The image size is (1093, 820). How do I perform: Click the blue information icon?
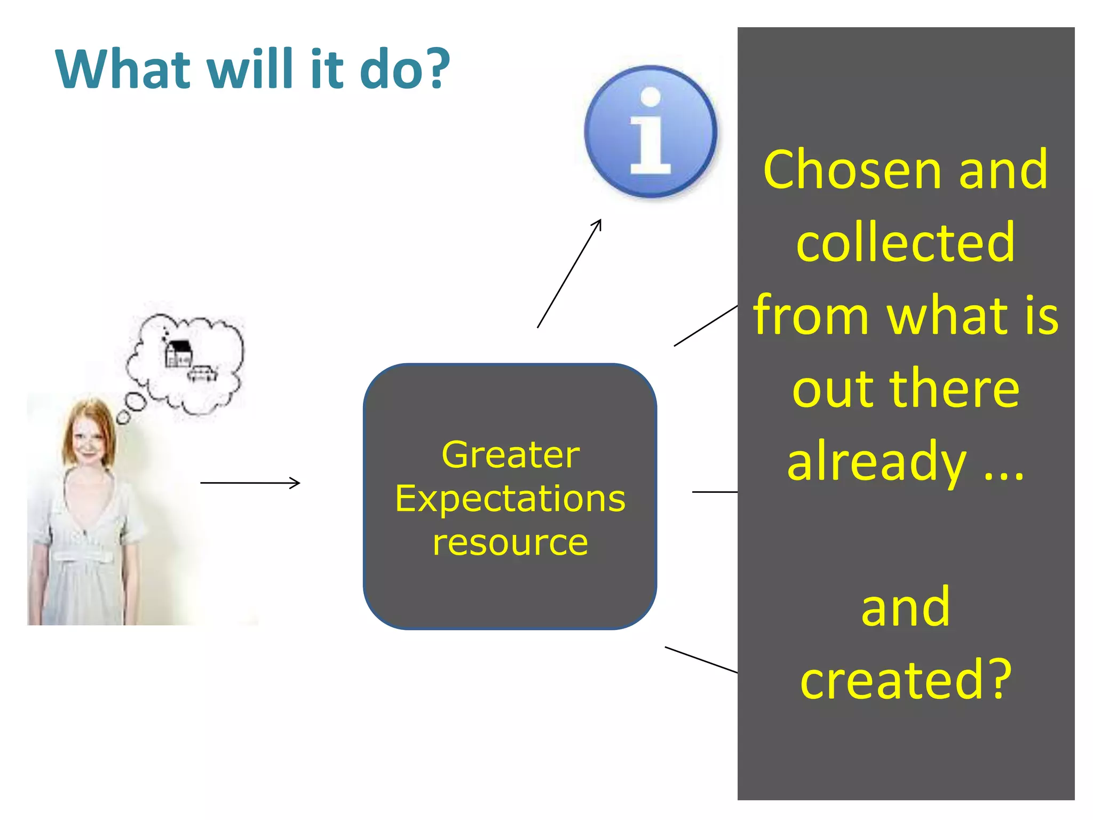651,132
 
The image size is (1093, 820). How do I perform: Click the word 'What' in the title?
123,69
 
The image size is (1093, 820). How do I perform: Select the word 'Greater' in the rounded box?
510,455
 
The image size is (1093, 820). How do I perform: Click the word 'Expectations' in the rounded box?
510,499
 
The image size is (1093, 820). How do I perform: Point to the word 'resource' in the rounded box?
510,542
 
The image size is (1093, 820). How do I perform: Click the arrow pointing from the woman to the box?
250,483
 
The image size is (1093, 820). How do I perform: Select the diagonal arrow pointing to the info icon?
569,273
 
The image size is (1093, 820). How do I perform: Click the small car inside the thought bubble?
202,373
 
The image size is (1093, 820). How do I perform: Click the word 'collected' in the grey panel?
905,243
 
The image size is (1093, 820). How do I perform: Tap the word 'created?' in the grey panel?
905,680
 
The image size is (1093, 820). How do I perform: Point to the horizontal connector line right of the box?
715,492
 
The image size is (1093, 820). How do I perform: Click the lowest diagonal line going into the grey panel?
701,660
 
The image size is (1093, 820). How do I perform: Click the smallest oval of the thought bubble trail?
123,417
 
